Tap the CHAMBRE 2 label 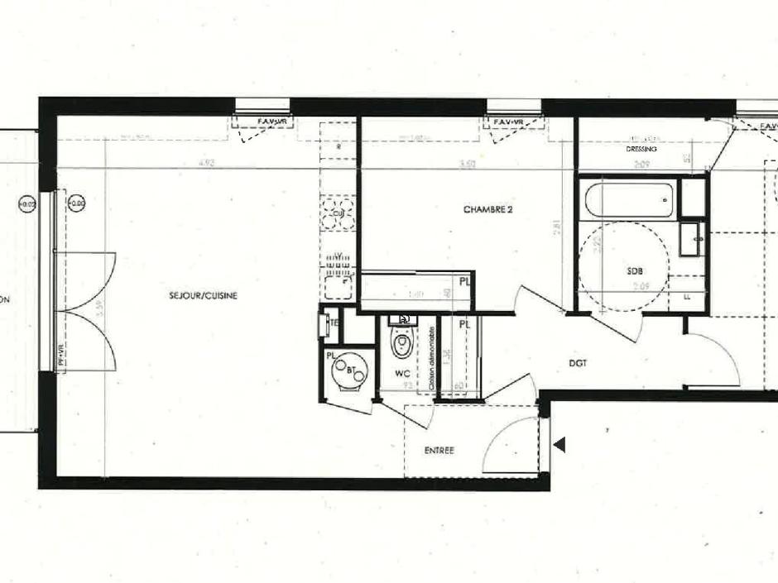[487, 210]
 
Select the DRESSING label [641, 149]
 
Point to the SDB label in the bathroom [635, 270]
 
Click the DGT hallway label [578, 362]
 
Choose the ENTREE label [439, 451]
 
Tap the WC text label [402, 374]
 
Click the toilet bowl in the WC [402, 342]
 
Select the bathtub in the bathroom [629, 199]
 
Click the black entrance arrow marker [559, 446]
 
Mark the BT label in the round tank [352, 370]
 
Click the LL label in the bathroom [686, 295]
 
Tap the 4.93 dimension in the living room [207, 164]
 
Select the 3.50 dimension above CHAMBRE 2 [467, 164]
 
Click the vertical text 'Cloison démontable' [433, 358]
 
